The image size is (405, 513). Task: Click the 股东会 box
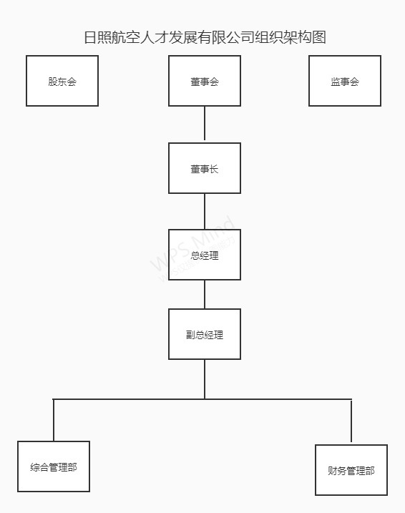62,81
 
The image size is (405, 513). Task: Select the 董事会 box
205,81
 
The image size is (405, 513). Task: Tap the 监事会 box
345,81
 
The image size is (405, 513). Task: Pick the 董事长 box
205,168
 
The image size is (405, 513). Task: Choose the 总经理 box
205,255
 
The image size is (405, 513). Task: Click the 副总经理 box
205,334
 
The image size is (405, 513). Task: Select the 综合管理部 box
54,466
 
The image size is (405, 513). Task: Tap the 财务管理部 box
351,470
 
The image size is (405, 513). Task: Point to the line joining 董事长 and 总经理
205,211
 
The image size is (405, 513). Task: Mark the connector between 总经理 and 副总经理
205,295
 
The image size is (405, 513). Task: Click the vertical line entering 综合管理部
54,420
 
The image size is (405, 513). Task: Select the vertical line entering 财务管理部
351,421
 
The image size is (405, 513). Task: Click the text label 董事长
205,169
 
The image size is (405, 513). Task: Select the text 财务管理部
351,471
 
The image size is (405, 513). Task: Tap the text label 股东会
62,82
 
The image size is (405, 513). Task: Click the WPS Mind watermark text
192,244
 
